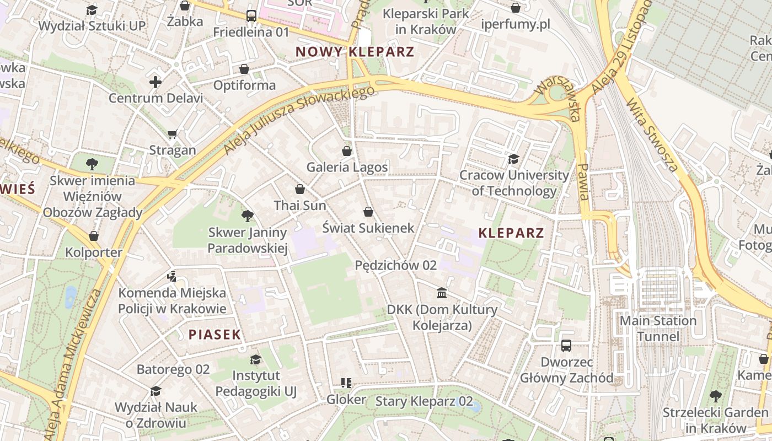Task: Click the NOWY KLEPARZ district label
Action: tap(355, 52)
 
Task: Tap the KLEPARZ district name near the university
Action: tap(511, 233)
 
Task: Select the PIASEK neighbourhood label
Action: tap(215, 334)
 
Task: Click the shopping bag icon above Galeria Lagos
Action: tap(347, 150)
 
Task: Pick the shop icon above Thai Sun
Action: tap(300, 189)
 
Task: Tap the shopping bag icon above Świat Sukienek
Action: tap(368, 212)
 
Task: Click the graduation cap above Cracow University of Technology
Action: tap(513, 159)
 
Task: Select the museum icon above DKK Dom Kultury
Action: tap(442, 293)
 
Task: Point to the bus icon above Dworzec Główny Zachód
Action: tap(566, 346)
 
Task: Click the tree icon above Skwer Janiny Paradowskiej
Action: tap(248, 216)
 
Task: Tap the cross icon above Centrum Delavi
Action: tap(156, 82)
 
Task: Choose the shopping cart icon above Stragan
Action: tap(173, 134)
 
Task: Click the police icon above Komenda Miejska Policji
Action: tap(172, 276)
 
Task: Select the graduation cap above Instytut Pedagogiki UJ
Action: tap(255, 359)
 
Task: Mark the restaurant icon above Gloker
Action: tap(346, 383)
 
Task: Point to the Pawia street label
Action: tap(583, 181)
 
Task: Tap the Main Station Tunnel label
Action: tap(658, 329)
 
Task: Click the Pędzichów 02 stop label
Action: tap(395, 265)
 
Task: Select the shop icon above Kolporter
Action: tap(94, 236)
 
